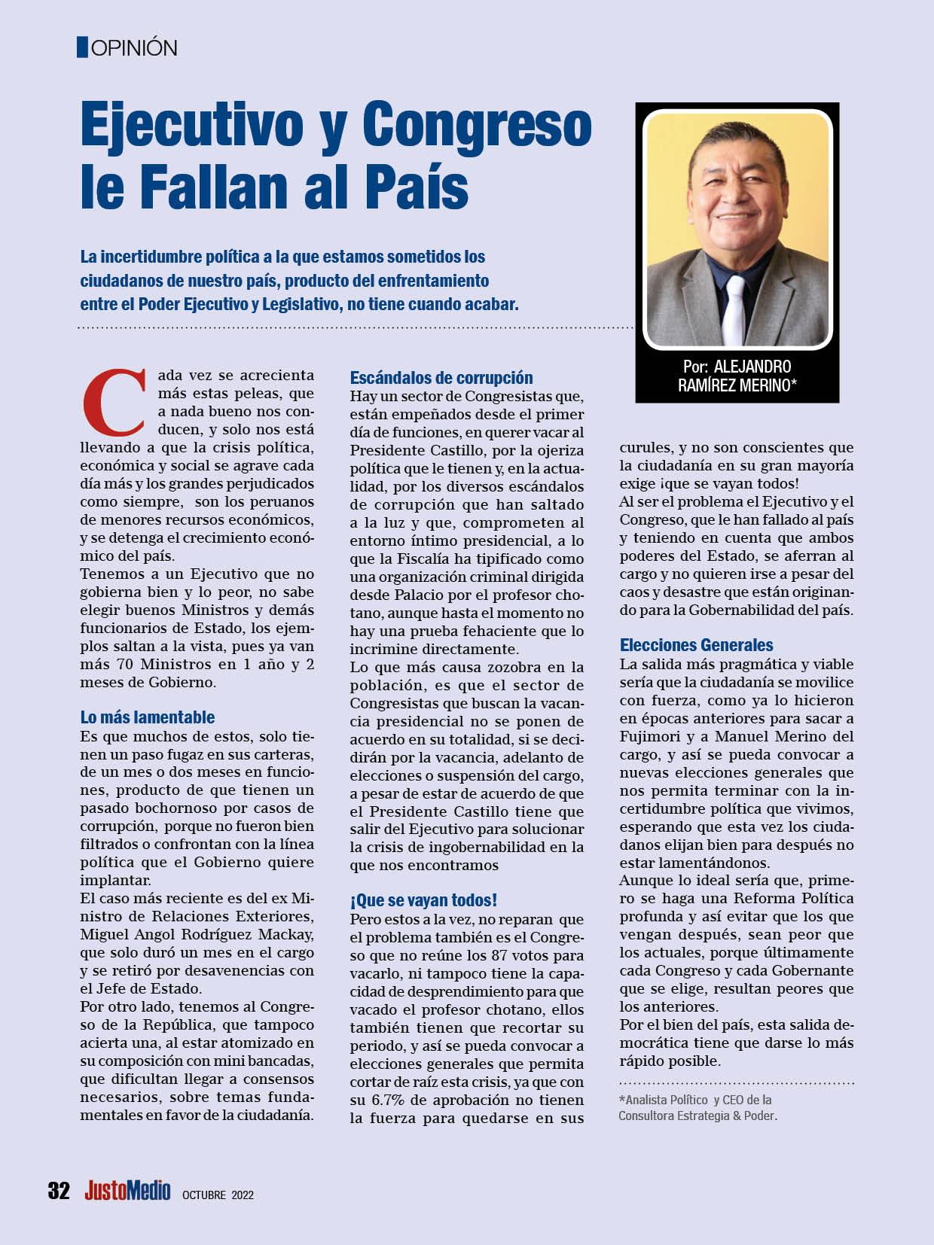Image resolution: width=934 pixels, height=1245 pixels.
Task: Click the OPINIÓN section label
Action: tap(133, 48)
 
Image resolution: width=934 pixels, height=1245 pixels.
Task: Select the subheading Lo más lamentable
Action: tap(148, 717)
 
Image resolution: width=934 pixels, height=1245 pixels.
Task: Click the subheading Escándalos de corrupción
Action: tap(441, 377)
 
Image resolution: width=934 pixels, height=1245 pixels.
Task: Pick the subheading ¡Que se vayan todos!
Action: tap(423, 900)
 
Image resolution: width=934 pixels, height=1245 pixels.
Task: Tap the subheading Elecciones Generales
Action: tap(696, 644)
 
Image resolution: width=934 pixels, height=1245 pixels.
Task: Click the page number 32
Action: tap(59, 1191)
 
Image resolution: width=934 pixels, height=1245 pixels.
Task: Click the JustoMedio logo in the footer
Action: tap(127, 1191)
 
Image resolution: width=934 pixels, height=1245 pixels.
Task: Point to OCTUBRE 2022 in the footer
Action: tap(218, 1195)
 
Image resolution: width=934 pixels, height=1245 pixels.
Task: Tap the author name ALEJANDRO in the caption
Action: tap(752, 367)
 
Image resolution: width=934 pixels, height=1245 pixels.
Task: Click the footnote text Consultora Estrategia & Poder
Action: tap(697, 1116)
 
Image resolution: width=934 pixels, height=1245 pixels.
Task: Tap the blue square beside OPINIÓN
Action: tap(83, 47)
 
